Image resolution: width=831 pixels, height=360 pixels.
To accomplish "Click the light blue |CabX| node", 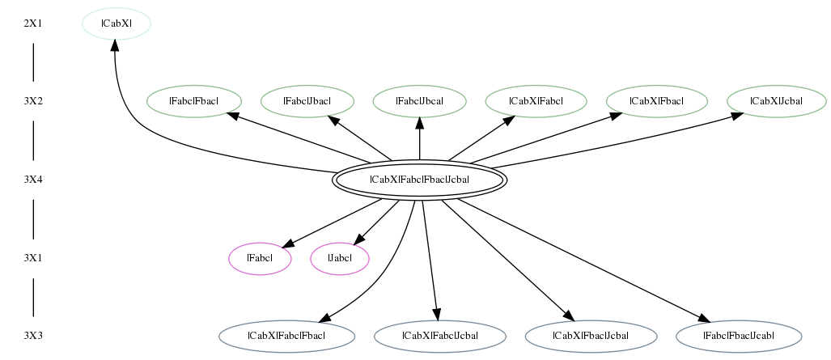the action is click(x=117, y=23).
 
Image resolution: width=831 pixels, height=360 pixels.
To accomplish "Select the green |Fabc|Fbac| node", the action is click(x=194, y=101).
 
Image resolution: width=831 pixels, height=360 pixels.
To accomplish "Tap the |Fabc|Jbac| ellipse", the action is click(x=307, y=101).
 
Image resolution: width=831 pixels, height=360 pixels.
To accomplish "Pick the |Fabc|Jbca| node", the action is click(x=420, y=101).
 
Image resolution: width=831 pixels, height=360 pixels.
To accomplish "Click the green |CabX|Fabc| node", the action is click(x=536, y=101).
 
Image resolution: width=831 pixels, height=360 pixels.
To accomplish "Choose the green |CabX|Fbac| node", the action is click(x=657, y=101).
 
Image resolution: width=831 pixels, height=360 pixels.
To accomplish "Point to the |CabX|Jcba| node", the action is click(x=777, y=101).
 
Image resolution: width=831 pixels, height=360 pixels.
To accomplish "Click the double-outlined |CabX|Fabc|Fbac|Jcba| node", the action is click(x=420, y=180).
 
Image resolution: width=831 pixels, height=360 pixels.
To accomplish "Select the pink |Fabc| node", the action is click(x=261, y=259).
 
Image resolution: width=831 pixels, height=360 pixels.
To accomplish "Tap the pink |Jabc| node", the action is click(x=340, y=259).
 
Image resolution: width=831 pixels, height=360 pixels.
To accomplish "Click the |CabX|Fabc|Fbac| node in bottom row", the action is click(x=286, y=337).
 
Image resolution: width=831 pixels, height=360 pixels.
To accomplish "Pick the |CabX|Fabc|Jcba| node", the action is click(x=440, y=337).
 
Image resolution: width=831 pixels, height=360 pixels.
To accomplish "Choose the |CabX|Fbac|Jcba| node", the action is click(x=591, y=337).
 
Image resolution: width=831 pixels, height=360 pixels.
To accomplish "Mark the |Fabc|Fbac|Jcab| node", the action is click(x=739, y=337).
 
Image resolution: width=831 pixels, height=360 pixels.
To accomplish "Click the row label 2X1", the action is click(x=33, y=23).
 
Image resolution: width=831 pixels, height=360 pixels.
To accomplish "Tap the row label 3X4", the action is click(x=33, y=180).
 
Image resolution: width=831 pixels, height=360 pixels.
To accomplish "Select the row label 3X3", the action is click(x=33, y=337).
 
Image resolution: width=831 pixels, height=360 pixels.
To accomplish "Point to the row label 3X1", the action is click(x=33, y=259).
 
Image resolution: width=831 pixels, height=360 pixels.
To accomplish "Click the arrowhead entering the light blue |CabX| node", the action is click(x=114, y=46).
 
